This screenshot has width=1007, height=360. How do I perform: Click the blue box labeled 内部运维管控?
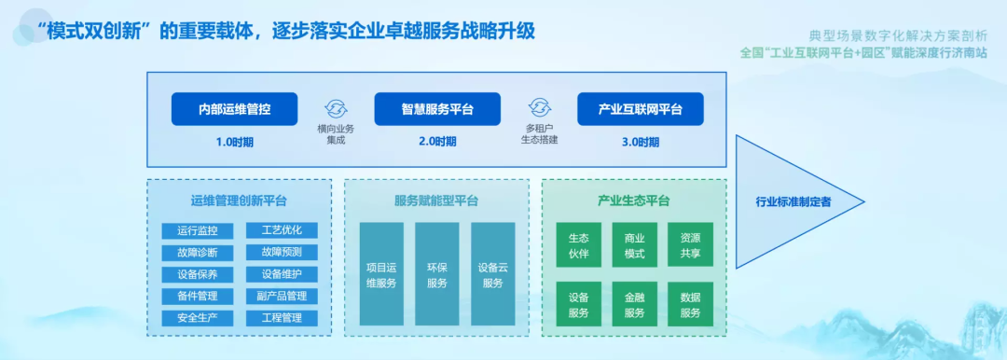pos(234,108)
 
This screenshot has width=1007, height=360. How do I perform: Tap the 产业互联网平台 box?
pos(641,108)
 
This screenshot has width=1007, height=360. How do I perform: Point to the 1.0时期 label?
pos(234,142)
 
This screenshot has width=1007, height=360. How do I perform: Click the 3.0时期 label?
pos(640,142)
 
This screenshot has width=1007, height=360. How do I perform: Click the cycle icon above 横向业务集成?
pos(336,107)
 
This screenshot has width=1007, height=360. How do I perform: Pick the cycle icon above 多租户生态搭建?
pos(540,107)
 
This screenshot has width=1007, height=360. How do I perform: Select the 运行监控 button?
pos(198,230)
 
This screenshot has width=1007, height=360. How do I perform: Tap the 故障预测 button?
pos(282,252)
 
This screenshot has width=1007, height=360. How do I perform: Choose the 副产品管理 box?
pos(282,296)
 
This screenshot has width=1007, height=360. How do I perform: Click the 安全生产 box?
pos(198,318)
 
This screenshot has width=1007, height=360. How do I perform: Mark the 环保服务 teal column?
pos(436,274)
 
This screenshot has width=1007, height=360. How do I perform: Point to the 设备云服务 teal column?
pos(492,274)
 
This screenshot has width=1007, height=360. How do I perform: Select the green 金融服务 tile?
pos(635,304)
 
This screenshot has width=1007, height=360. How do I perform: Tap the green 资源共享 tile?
pos(690,245)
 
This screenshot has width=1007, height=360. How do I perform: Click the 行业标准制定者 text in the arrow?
pos(793,201)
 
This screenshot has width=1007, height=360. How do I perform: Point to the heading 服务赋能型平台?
pos(436,201)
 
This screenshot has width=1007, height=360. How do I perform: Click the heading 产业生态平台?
pos(635,201)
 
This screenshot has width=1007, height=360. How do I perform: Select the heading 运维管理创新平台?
pos(239,201)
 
